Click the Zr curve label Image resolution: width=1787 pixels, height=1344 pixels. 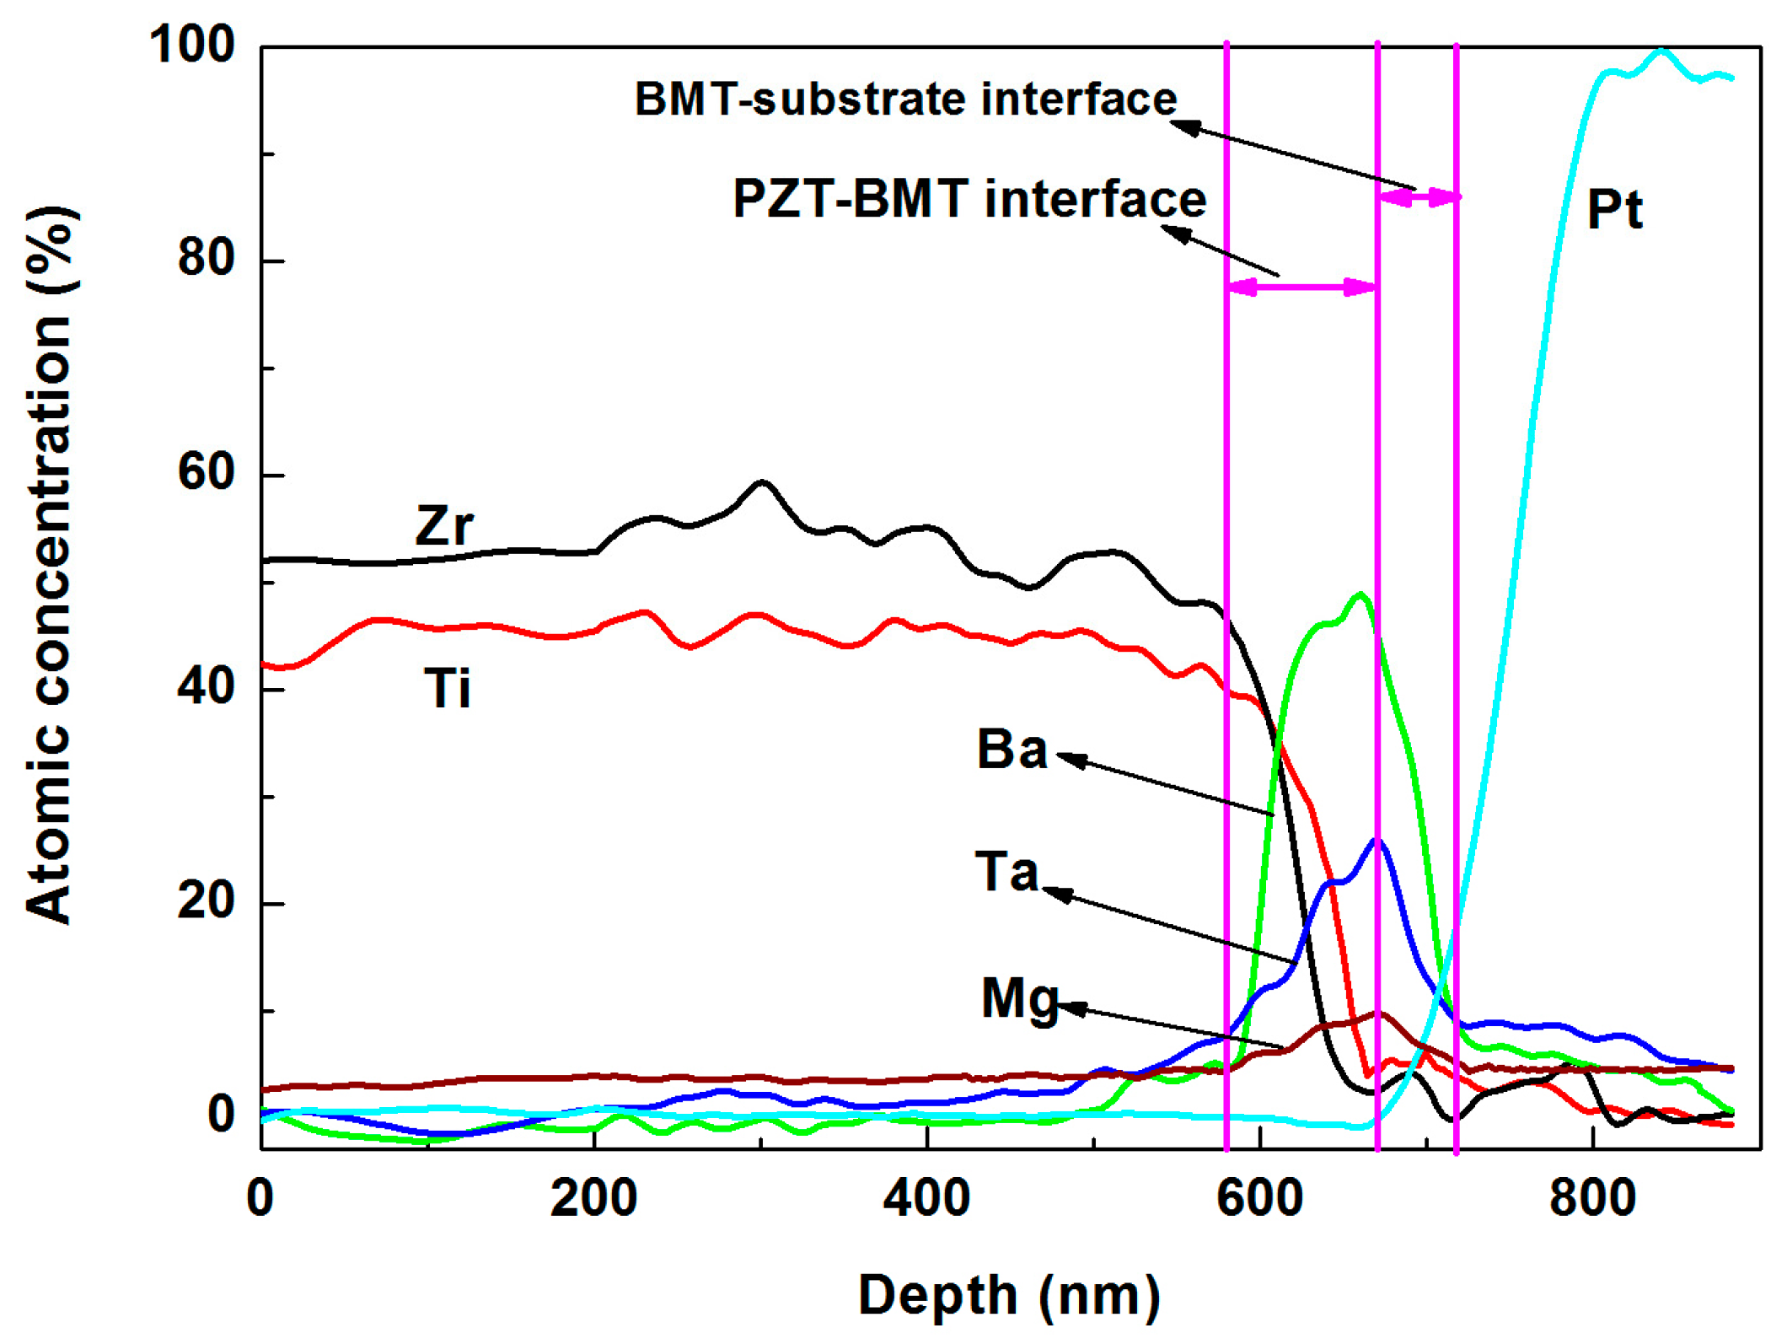444,526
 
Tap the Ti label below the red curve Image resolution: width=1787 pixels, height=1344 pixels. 447,688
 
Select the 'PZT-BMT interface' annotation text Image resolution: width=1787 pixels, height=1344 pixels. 969,199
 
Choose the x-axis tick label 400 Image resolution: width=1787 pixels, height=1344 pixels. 926,1198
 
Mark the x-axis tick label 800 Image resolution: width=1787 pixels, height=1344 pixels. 1592,1198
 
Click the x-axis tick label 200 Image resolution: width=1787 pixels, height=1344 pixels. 593,1198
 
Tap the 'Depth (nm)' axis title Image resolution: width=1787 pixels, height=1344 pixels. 1009,1294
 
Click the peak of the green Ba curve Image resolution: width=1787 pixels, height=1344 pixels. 1360,595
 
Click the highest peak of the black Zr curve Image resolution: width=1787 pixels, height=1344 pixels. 762,482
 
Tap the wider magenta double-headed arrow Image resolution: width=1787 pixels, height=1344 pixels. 1301,288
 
